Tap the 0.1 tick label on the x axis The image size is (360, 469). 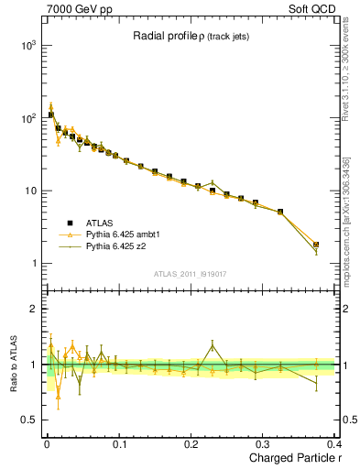pyautogui.click(x=118, y=444)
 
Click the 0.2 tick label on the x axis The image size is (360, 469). pyautogui.click(x=191, y=444)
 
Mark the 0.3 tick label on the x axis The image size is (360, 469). pyautogui.click(x=263, y=444)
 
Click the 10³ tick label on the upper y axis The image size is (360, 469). pyautogui.click(x=28, y=45)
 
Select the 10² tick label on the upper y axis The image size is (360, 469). pyautogui.click(x=28, y=118)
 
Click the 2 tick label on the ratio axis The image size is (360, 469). pyautogui.click(x=33, y=310)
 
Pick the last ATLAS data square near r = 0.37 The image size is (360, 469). pyautogui.click(x=316, y=245)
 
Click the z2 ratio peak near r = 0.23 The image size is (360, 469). pyautogui.click(x=213, y=346)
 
